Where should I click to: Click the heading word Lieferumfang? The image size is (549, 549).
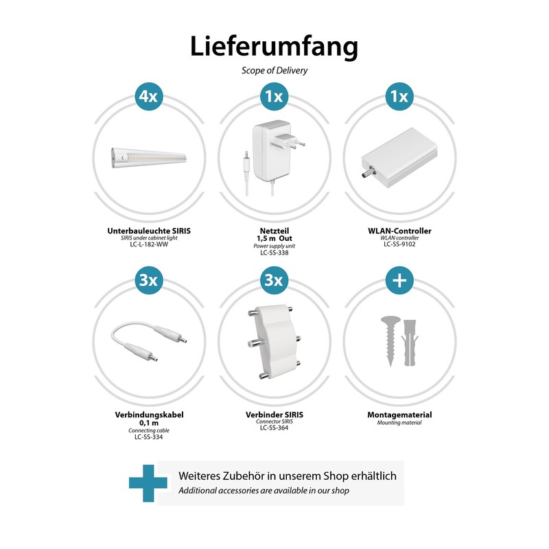point(274,46)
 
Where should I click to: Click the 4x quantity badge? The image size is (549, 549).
point(148,97)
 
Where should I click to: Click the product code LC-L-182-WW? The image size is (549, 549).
point(148,244)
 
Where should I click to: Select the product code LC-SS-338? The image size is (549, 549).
point(274,253)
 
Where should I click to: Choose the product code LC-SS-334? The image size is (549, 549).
point(148,437)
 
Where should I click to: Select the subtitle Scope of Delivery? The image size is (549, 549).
point(274,70)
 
